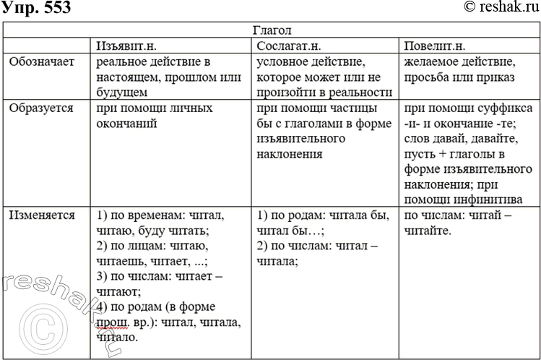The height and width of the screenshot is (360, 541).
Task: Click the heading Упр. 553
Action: (30, 8)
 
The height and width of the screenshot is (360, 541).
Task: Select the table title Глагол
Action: (272, 32)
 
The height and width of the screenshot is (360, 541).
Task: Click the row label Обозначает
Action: (41, 62)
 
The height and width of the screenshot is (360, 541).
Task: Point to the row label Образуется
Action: (41, 108)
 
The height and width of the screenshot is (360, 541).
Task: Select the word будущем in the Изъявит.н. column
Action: (121, 93)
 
